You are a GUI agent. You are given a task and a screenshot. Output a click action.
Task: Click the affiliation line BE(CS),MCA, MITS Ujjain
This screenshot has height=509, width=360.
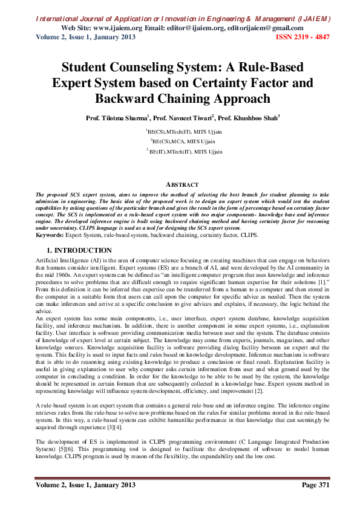(x=180, y=141)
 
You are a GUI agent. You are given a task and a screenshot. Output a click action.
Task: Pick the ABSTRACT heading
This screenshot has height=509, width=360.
(x=180, y=184)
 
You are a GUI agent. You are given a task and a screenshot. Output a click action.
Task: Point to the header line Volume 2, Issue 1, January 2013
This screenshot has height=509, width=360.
(x=83, y=37)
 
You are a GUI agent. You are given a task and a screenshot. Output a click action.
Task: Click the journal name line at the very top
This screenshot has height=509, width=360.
(x=180, y=19)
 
